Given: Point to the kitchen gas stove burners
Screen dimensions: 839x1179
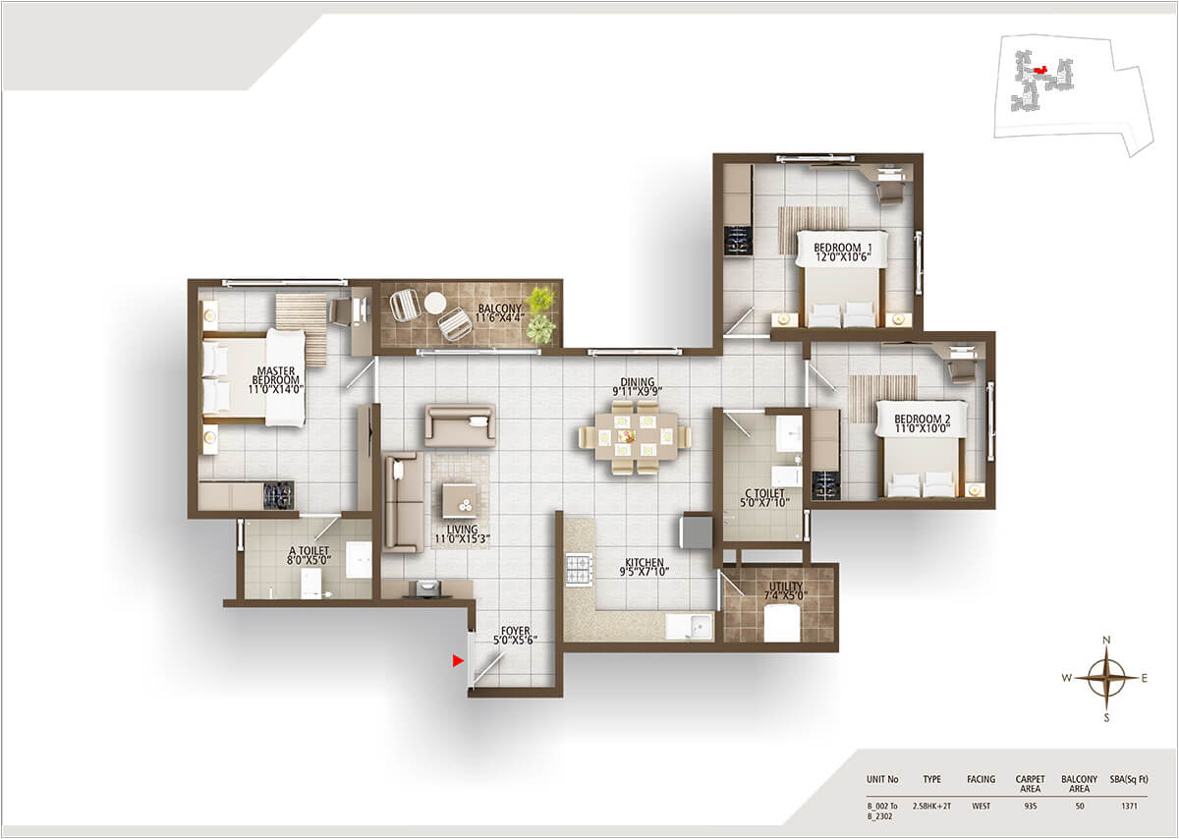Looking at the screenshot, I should (579, 569).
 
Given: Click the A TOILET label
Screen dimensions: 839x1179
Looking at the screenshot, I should (308, 557).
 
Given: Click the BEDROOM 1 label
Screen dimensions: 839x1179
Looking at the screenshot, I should (842, 252).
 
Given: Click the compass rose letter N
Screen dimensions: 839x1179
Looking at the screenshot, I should (1106, 641).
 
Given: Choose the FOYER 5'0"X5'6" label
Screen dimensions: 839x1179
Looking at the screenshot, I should (515, 637).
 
